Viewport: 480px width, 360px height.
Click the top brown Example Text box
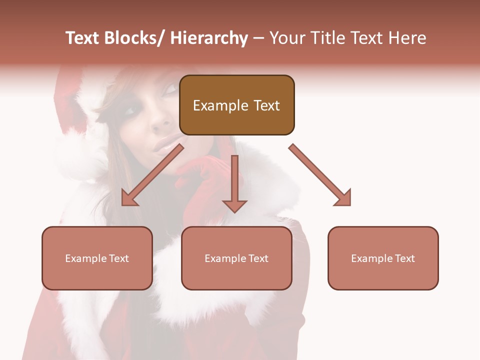tap(236, 105)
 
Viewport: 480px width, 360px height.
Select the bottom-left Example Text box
tap(97, 258)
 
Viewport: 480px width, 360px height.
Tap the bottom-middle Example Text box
tap(236, 258)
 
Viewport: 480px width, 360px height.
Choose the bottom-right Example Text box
tap(383, 258)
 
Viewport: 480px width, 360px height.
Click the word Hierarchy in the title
tap(209, 38)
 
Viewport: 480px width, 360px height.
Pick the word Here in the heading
tap(408, 38)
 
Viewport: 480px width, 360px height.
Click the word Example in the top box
tap(220, 105)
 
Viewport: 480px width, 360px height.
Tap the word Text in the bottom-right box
tap(404, 258)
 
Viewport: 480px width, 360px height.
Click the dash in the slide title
tap(259, 38)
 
